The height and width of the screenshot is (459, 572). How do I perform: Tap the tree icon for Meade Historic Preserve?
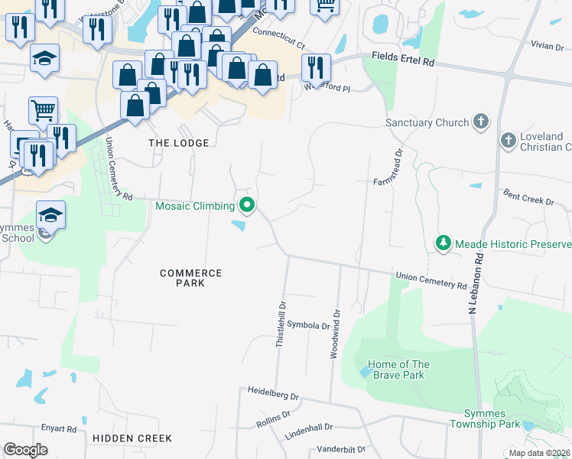tap(443, 243)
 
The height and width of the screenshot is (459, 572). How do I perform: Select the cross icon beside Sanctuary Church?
tap(480, 122)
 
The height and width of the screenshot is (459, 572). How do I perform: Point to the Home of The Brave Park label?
tap(398, 369)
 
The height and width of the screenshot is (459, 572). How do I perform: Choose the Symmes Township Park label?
tap(484, 418)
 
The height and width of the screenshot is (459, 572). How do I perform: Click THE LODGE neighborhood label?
tap(178, 143)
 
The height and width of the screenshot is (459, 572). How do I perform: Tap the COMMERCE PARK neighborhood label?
tap(190, 278)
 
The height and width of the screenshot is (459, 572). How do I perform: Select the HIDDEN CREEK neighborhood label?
tap(132, 438)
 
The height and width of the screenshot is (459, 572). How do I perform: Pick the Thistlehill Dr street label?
tap(281, 324)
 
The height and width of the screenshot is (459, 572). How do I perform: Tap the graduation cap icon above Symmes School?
tap(50, 215)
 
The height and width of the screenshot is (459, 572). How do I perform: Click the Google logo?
tap(25, 450)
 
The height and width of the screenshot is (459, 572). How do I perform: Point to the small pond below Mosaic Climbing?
tap(239, 225)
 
